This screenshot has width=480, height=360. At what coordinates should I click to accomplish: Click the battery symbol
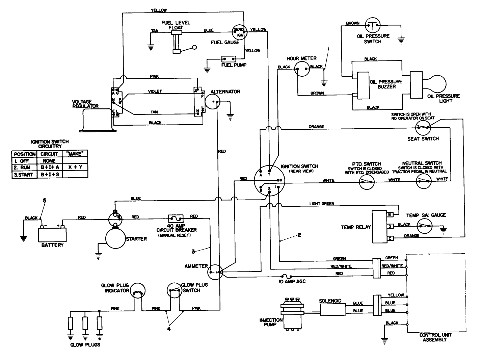pos(52,233)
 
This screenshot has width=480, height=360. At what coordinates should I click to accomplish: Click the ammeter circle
pos(215,272)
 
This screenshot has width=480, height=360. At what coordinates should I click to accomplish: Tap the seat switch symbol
pos(422,127)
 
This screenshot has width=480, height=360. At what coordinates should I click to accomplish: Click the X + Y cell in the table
pos(75,167)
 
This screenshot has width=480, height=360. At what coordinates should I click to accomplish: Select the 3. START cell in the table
pos(24,175)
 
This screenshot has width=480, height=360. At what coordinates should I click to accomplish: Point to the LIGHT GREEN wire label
pos(322,204)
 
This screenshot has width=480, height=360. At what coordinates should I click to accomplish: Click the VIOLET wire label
pos(155,92)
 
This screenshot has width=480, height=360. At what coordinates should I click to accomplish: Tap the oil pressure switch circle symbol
pos(373,25)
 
